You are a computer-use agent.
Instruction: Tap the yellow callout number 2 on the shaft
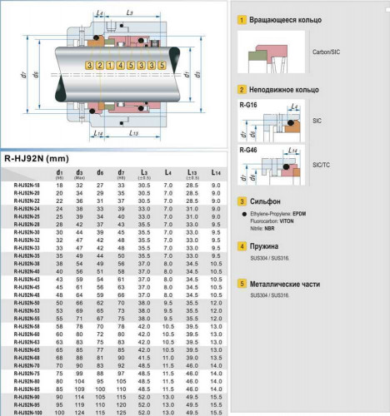tap(100, 65)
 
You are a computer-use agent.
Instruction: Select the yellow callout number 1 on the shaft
tap(110, 65)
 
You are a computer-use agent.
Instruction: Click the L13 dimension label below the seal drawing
tap(133, 133)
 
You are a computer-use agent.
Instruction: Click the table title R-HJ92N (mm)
tap(37, 158)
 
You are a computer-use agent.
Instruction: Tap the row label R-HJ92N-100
tap(28, 412)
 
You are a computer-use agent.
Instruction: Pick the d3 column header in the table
tap(80, 173)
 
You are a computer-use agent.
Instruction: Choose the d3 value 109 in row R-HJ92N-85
tap(80, 389)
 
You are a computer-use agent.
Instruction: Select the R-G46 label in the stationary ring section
tap(247, 150)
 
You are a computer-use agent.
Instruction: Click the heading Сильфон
tap(267, 201)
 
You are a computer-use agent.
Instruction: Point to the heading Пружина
tap(267, 247)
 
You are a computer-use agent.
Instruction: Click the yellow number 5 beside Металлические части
tap(242, 283)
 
